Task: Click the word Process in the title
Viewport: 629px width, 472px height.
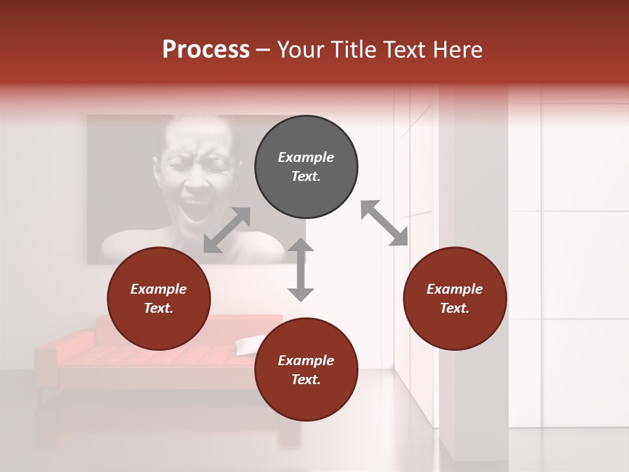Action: coord(206,49)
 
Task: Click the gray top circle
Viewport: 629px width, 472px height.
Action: coord(306,167)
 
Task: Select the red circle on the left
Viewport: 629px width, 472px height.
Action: coord(159,298)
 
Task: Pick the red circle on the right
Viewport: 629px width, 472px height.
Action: coord(455,298)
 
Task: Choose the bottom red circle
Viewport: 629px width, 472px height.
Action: coord(306,370)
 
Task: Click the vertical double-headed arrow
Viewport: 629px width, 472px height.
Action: coord(301,269)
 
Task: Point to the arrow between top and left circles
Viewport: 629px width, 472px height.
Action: coord(227,230)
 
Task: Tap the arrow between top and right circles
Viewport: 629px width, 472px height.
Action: coord(385,223)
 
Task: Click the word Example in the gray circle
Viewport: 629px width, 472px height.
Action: coord(306,157)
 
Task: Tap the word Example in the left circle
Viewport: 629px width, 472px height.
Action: coord(159,288)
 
